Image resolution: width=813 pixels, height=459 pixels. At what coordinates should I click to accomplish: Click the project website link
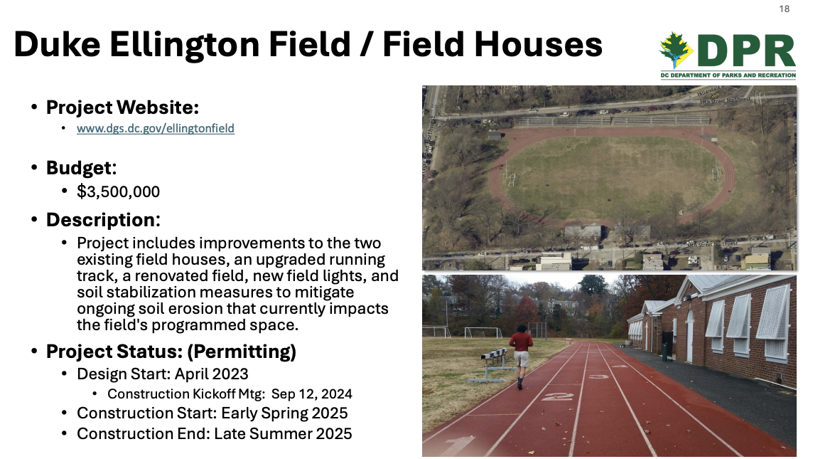tap(156, 128)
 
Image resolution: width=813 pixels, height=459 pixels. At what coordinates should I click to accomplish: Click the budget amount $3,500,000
tap(118, 191)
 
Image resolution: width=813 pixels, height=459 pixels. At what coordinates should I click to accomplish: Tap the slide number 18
tap(784, 9)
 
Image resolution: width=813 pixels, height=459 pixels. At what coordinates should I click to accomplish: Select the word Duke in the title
tap(57, 44)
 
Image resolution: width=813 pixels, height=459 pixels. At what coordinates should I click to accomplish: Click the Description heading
tap(103, 220)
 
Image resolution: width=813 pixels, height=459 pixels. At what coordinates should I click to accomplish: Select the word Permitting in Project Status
tap(242, 352)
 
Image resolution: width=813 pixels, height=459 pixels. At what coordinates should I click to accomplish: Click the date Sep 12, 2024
tap(311, 394)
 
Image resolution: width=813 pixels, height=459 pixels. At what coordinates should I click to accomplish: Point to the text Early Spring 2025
tap(285, 413)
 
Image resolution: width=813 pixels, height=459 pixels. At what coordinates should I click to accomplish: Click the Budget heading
tap(82, 168)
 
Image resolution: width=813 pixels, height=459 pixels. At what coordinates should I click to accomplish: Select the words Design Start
tap(123, 374)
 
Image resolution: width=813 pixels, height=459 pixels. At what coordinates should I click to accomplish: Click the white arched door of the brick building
tap(689, 337)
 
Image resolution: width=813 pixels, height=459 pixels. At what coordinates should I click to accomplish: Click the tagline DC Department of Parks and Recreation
tap(728, 75)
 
